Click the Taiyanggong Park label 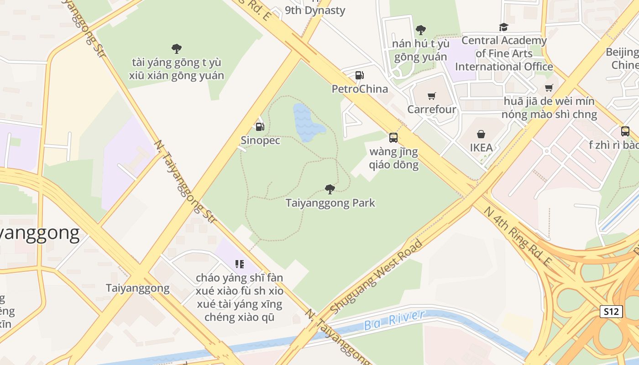coord(330,203)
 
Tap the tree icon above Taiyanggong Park coord(330,189)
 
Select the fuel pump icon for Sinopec coord(260,127)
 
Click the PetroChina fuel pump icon coord(360,75)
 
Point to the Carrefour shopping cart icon coord(431,96)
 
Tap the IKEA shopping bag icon coord(481,134)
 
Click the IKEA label coord(481,148)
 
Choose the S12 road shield coord(611,312)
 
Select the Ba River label coord(394,320)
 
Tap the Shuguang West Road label coord(376,277)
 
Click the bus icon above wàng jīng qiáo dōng coord(393,137)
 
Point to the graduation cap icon coord(503,27)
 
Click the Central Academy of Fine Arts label coord(504,53)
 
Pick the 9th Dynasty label coord(315,10)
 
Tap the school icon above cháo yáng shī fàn coord(240,264)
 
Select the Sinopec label coord(260,141)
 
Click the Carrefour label coord(431,109)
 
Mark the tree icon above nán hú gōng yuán coord(420,30)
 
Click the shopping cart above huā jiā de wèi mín coord(549,88)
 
